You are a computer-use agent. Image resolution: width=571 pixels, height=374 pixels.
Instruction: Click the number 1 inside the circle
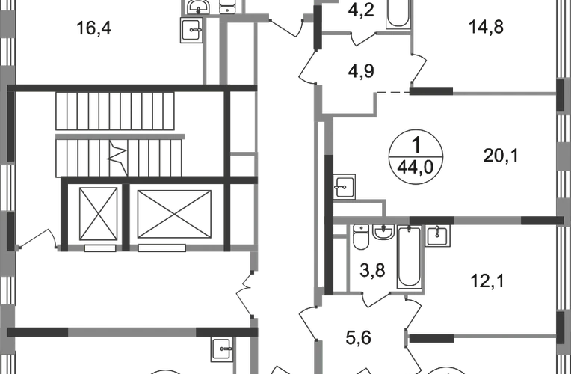(417, 146)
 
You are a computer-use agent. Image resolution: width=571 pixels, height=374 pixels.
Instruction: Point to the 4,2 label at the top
(362, 11)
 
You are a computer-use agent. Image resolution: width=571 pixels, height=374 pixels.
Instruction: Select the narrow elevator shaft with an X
(98, 215)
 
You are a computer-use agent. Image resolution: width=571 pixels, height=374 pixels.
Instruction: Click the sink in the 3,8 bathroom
(386, 236)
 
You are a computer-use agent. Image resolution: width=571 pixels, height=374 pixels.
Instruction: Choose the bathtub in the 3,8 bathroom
(408, 259)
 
